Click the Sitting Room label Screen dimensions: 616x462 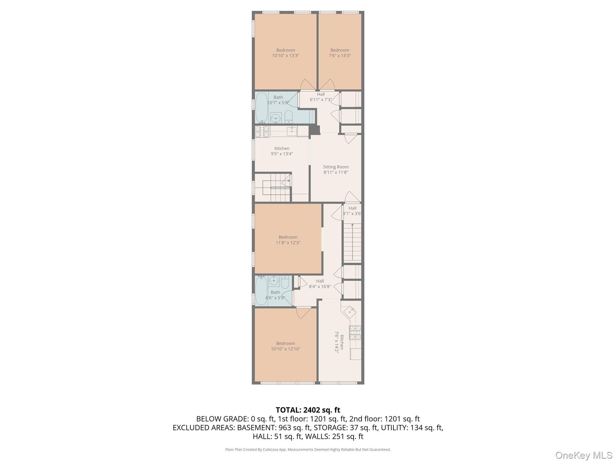[x=336, y=167]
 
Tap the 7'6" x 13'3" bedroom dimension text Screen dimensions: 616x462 [x=340, y=56]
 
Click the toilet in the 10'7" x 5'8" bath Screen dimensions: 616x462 [x=288, y=117]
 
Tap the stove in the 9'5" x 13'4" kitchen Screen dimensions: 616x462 [x=262, y=132]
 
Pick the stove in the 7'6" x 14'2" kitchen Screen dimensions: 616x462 [x=355, y=332]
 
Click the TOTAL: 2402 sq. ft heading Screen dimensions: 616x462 [x=308, y=410]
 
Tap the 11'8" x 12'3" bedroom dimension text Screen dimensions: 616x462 [x=288, y=243]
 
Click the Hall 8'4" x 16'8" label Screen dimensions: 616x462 [x=320, y=284]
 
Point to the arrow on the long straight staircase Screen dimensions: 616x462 [x=352, y=242]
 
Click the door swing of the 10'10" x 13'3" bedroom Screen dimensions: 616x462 [x=308, y=85]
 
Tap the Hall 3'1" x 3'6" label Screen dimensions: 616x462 [x=352, y=211]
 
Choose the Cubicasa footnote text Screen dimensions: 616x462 [x=308, y=449]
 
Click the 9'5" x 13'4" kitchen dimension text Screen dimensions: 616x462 [x=282, y=154]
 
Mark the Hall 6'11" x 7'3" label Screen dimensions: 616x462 [x=321, y=97]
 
